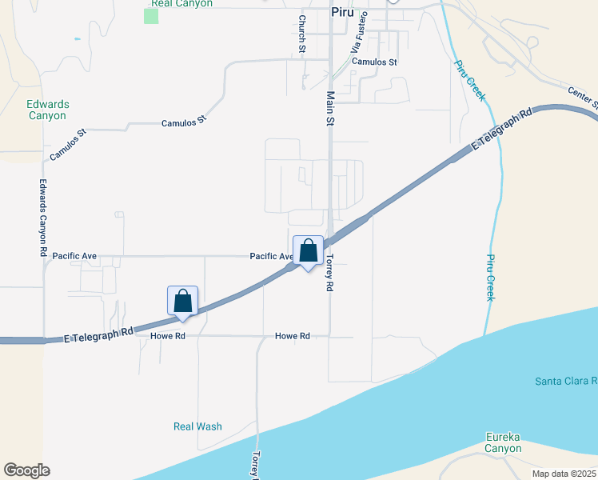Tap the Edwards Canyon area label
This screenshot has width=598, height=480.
(48, 110)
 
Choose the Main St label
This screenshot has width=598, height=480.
(329, 109)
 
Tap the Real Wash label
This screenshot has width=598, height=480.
(197, 426)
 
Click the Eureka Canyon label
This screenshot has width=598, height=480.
(503, 442)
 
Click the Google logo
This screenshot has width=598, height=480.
(26, 470)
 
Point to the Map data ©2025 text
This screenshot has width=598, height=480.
(564, 474)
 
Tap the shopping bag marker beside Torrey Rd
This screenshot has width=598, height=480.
(309, 251)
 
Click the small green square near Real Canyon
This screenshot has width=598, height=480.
(151, 16)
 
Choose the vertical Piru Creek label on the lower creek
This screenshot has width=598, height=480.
(490, 278)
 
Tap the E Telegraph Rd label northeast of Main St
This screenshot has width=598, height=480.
(502, 130)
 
